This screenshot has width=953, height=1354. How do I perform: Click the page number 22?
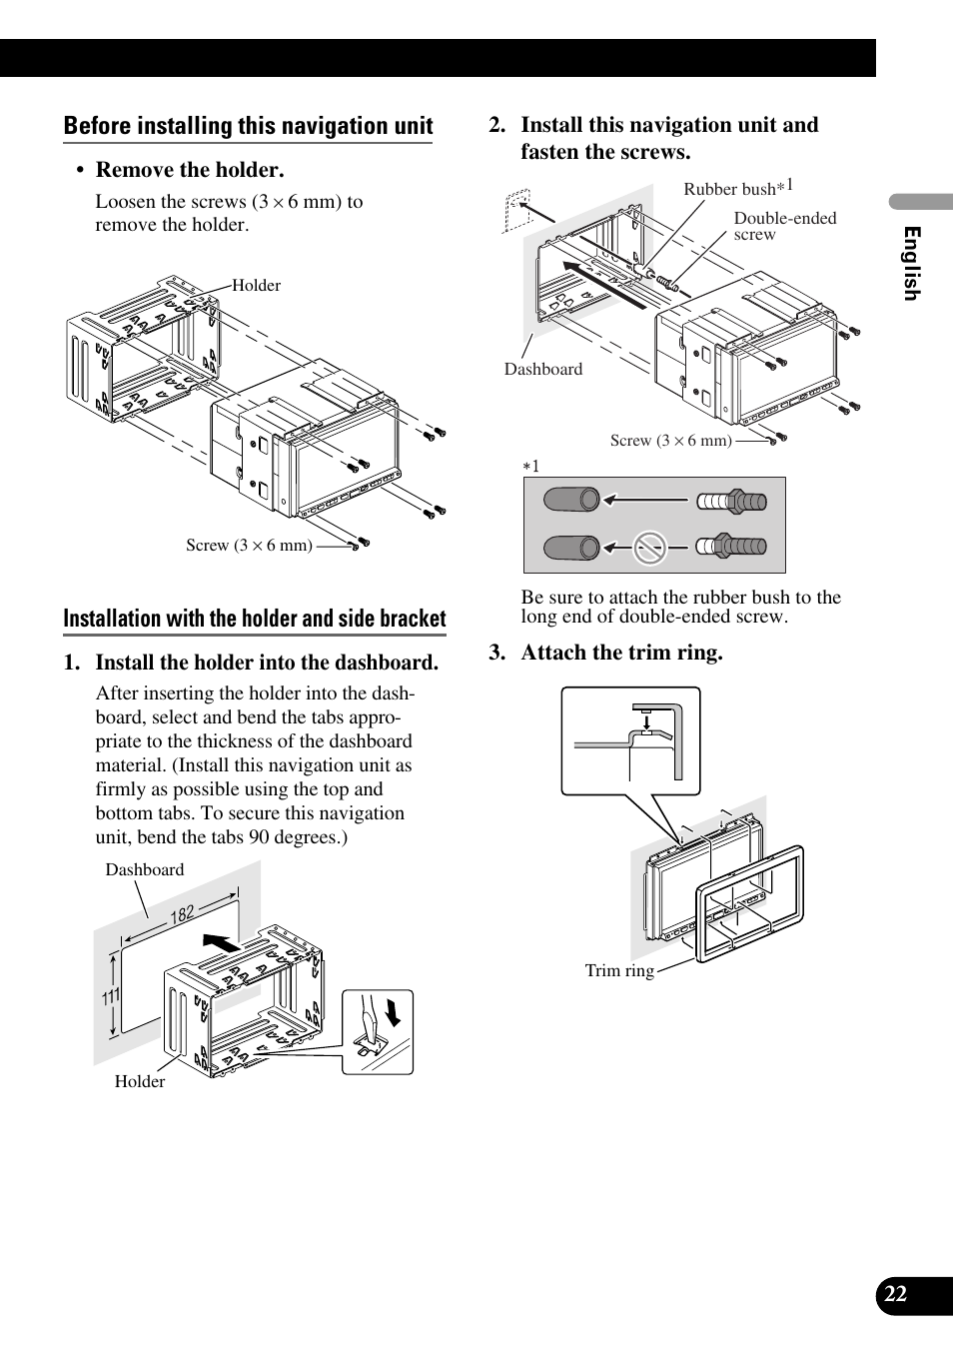coord(896,1294)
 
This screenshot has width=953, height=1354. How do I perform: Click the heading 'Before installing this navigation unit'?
coord(248,126)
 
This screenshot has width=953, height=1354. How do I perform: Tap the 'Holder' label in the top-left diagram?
coord(256,286)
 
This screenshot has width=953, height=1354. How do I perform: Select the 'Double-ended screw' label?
coord(784,225)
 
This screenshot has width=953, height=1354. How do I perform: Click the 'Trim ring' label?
coord(619,970)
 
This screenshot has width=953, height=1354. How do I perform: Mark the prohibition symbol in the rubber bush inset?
coord(650,547)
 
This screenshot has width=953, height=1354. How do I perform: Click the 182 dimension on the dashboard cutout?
coord(182,915)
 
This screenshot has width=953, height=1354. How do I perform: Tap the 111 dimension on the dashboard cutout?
coord(110,995)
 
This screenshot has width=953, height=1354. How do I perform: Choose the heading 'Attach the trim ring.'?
coord(620,653)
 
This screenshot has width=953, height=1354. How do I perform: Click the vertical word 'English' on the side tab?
coord(911,263)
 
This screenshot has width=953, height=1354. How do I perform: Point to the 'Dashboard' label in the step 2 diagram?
coord(542,369)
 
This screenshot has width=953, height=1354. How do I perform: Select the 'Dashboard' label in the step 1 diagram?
coord(145,869)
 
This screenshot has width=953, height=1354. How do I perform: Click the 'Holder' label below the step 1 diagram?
coord(140,1081)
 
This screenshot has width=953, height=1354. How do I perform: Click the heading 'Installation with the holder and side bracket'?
coord(255,619)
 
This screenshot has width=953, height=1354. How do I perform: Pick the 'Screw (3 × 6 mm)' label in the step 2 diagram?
coord(670,440)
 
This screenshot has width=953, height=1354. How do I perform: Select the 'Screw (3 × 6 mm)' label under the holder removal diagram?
coord(249,545)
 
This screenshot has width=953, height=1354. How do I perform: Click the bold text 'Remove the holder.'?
coord(190,170)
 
